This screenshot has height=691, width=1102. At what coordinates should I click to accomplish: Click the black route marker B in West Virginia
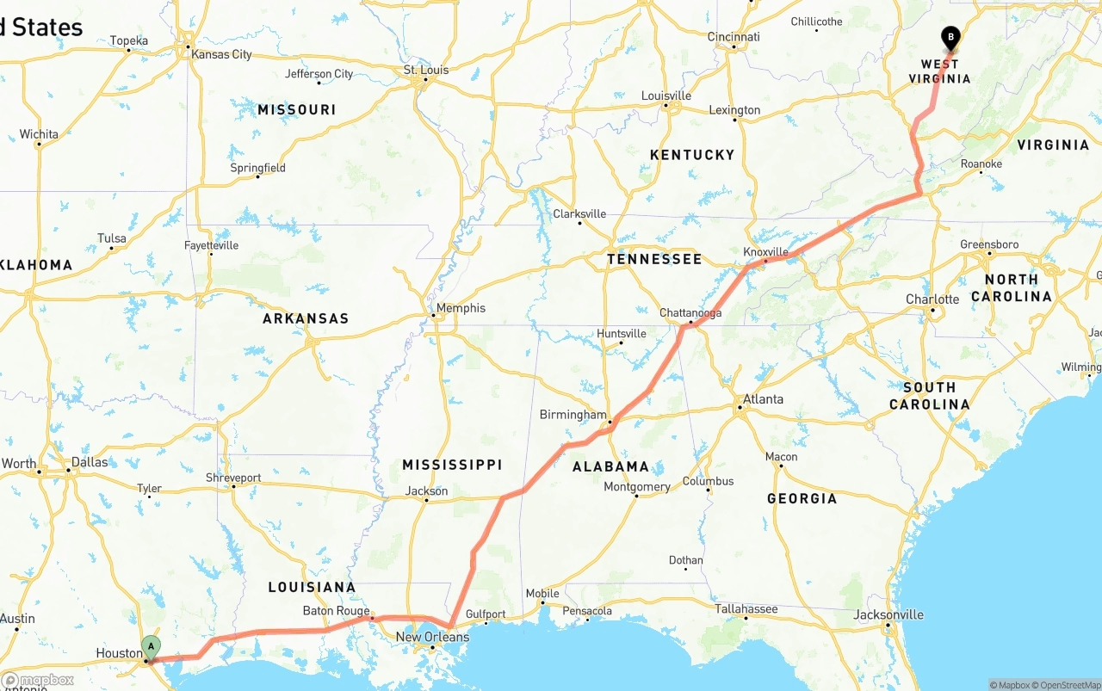pyautogui.click(x=950, y=37)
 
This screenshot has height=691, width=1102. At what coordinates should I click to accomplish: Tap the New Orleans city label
pyautogui.click(x=432, y=637)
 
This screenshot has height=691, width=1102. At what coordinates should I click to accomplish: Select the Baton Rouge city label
pyautogui.click(x=336, y=611)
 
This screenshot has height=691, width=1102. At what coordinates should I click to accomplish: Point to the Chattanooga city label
pyautogui.click(x=690, y=313)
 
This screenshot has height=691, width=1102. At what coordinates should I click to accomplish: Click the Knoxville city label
pyautogui.click(x=765, y=252)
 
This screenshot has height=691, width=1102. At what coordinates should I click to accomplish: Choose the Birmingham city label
pyautogui.click(x=573, y=415)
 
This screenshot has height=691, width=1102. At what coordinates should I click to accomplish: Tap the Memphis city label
pyautogui.click(x=461, y=308)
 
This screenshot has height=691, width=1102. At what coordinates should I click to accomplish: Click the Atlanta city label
pyautogui.click(x=763, y=399)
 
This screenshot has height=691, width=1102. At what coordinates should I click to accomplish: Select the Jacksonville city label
pyautogui.click(x=888, y=614)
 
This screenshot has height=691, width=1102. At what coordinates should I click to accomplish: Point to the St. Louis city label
pyautogui.click(x=427, y=71)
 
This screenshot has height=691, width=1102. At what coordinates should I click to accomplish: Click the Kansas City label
pyautogui.click(x=221, y=54)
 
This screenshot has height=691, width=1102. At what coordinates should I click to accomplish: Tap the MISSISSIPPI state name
pyautogui.click(x=452, y=465)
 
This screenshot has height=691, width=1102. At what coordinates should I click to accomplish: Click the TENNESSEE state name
pyautogui.click(x=653, y=259)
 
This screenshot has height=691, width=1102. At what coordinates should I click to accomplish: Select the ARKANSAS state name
pyautogui.click(x=306, y=318)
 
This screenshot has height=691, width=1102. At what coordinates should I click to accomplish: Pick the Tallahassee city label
pyautogui.click(x=746, y=609)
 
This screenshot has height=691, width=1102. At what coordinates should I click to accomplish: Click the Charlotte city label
pyautogui.click(x=932, y=299)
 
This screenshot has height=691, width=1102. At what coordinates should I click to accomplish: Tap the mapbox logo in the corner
pyautogui.click(x=38, y=680)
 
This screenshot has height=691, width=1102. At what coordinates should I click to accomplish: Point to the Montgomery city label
pyautogui.click(x=636, y=487)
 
